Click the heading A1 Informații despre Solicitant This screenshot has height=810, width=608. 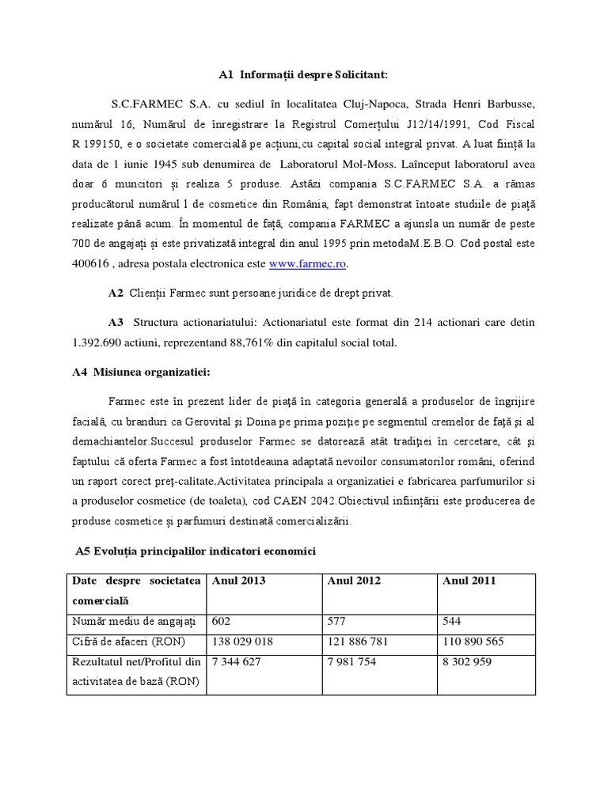[304, 76]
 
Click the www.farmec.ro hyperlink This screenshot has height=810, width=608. [307, 263]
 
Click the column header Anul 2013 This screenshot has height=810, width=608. [238, 581]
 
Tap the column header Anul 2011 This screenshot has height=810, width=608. [469, 581]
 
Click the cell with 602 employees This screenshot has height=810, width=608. [222, 622]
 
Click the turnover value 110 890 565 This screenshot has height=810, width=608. [473, 642]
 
